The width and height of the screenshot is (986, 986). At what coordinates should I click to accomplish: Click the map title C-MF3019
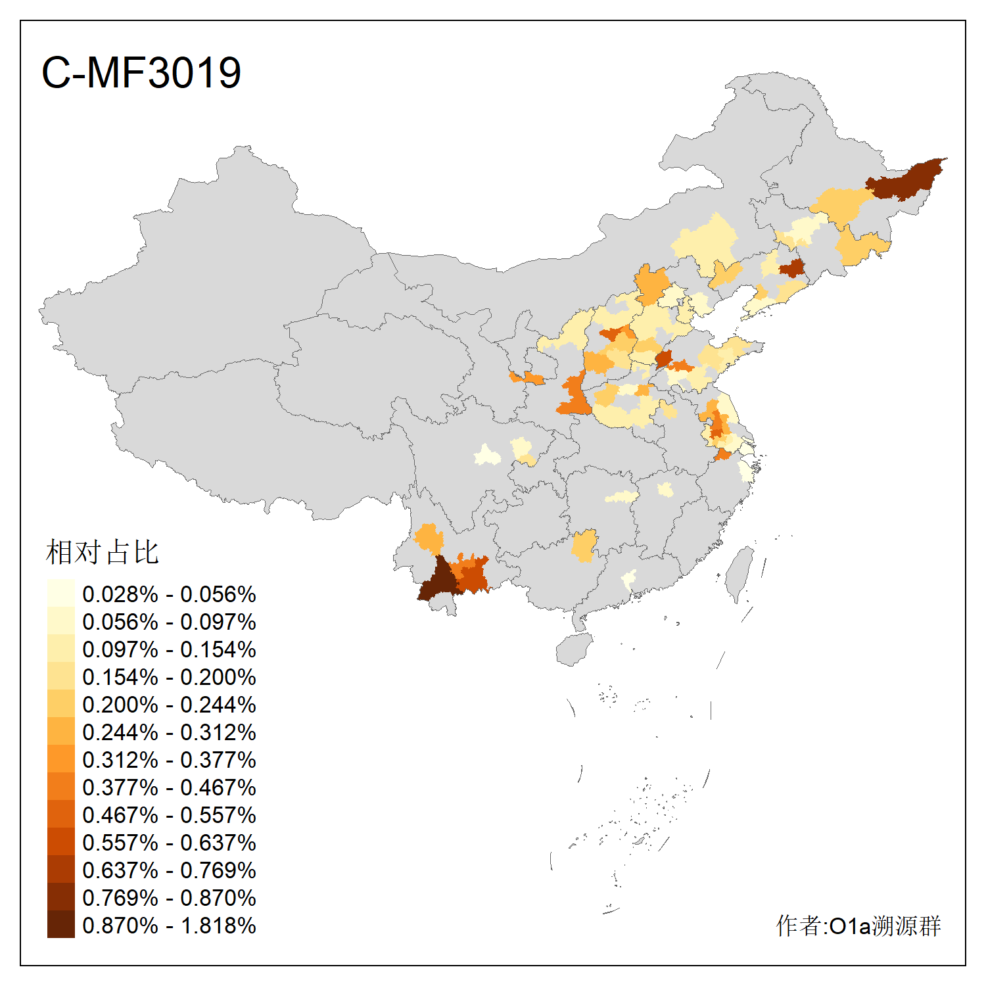(x=141, y=72)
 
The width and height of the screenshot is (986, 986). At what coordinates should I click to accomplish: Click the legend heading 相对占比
(x=103, y=552)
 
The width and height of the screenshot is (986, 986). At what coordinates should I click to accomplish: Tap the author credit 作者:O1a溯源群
(x=858, y=926)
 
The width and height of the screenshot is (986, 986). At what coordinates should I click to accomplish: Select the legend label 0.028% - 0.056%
(x=169, y=594)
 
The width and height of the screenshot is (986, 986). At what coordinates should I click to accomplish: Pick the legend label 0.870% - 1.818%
(x=169, y=926)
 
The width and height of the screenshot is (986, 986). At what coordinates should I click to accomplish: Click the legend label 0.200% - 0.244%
(x=169, y=705)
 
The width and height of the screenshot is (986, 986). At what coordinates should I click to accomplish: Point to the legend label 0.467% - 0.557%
(x=169, y=815)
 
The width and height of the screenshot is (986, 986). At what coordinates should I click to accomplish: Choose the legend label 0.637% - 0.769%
(x=169, y=870)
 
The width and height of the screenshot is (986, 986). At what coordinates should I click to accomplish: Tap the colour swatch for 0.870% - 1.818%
(x=61, y=925)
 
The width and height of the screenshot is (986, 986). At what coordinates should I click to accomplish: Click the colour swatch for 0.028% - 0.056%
(x=61, y=594)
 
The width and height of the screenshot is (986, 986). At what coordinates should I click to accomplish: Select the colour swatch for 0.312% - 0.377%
(x=61, y=759)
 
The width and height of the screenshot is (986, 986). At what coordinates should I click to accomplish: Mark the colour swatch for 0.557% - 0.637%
(x=61, y=842)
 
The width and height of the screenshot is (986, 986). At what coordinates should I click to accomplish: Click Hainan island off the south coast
(x=574, y=649)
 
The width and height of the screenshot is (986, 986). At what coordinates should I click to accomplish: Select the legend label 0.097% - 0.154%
(x=169, y=649)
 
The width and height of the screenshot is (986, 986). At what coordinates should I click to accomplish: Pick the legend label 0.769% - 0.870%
(x=169, y=898)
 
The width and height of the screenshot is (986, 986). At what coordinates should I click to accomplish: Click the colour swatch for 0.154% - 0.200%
(x=61, y=676)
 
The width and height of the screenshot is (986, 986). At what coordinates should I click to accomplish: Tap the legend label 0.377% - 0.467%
(x=169, y=787)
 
